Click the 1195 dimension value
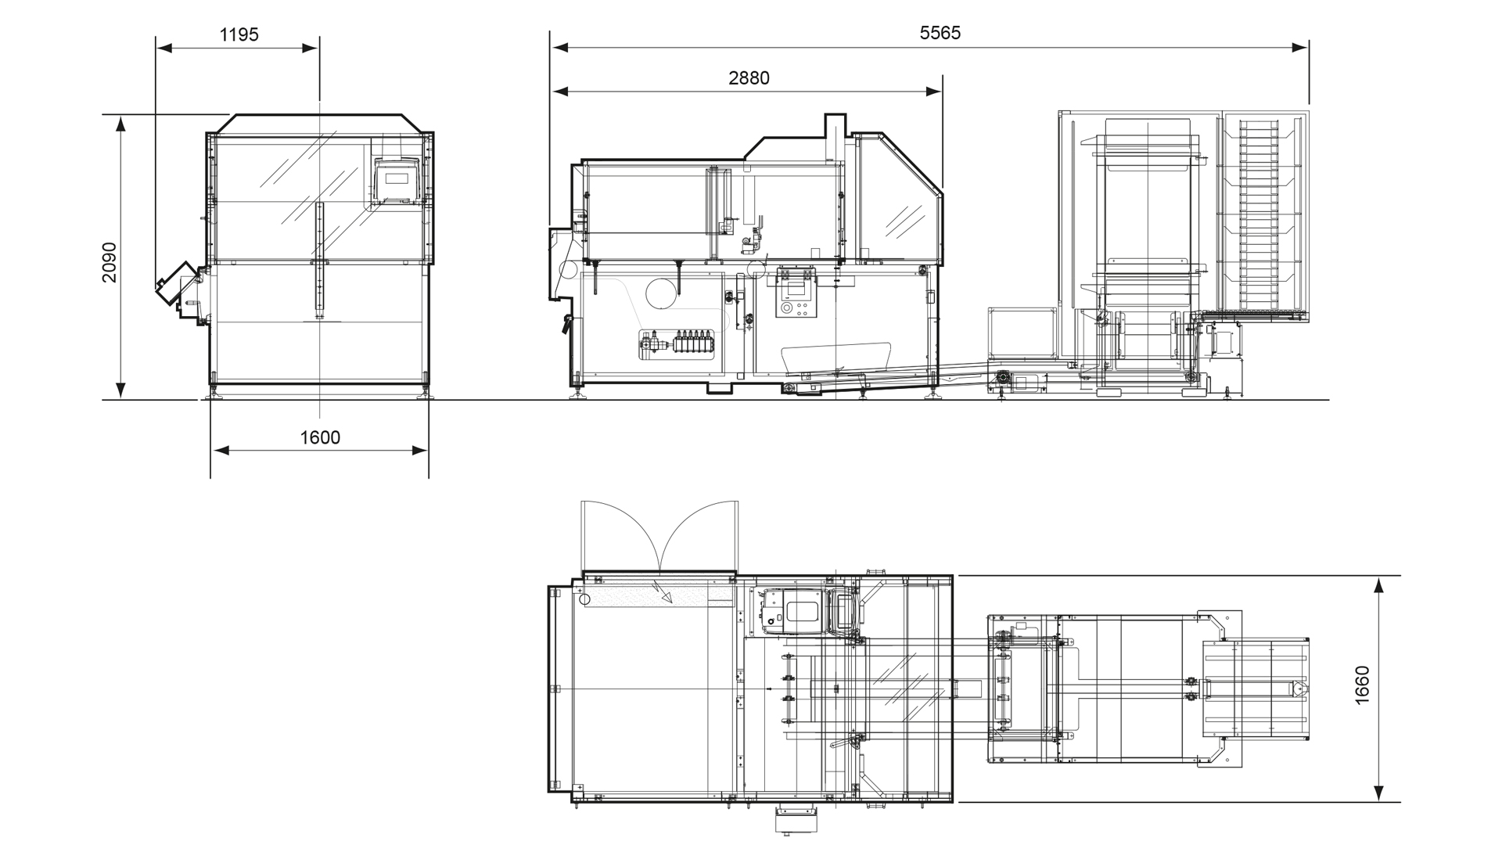click(x=239, y=34)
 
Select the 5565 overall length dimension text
click(x=940, y=33)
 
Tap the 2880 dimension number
click(x=749, y=78)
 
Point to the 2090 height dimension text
click(x=110, y=262)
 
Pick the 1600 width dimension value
click(x=320, y=437)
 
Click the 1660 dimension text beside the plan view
click(x=1362, y=685)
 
